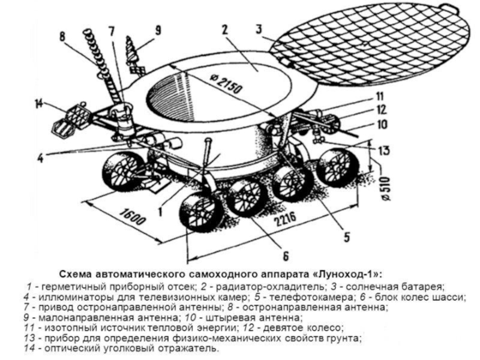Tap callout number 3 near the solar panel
point(258,28)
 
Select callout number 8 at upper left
point(62,37)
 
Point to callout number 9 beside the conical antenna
point(158,29)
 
